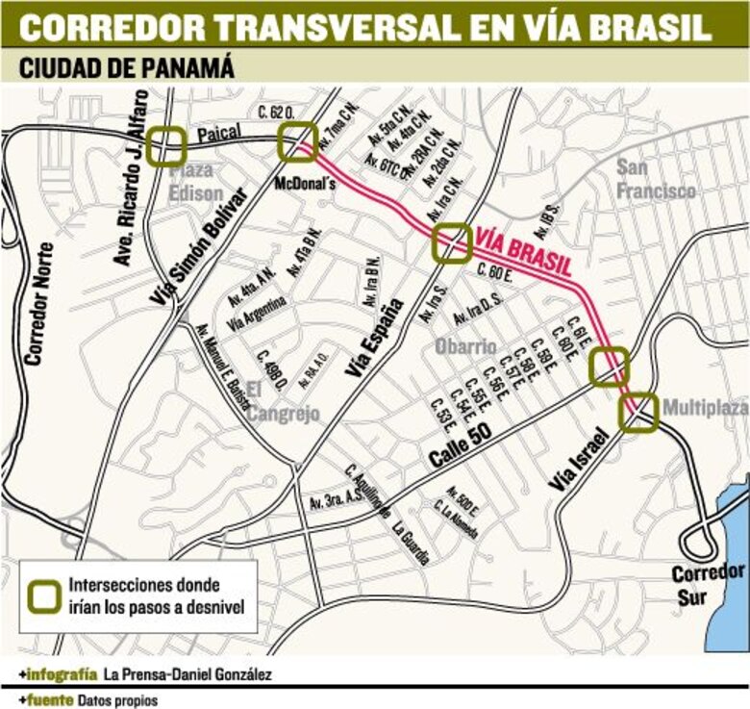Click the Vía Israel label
(x=580, y=462)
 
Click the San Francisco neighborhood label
(x=656, y=178)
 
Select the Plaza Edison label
(x=197, y=180)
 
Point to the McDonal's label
(x=304, y=183)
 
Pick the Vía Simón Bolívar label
(x=199, y=248)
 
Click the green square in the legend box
(x=43, y=595)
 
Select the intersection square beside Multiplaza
(x=637, y=411)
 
